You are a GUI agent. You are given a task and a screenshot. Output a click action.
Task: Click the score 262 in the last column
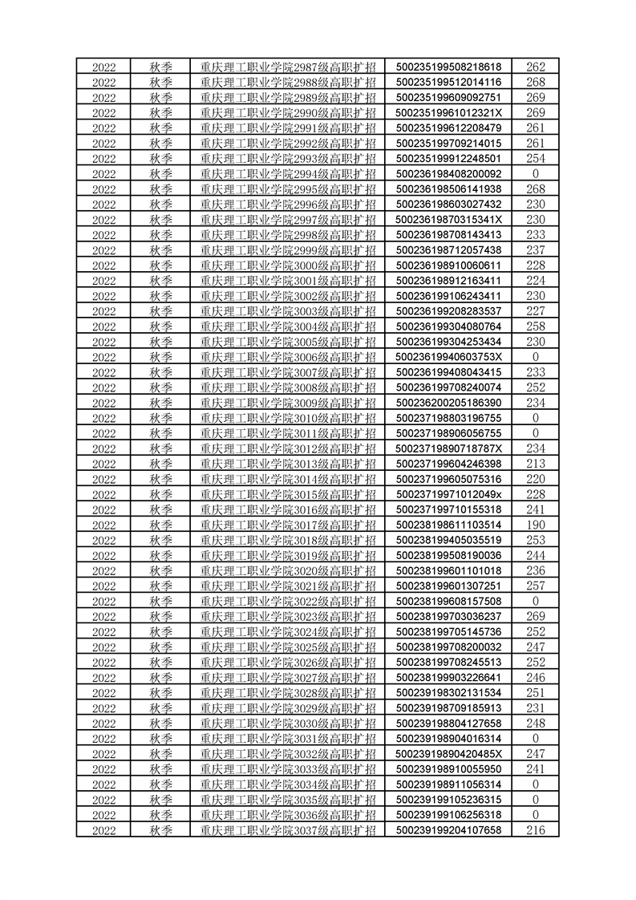(536, 67)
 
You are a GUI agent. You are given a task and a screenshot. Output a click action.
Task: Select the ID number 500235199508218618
(449, 67)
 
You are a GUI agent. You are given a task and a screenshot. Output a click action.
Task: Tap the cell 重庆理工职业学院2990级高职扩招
(288, 112)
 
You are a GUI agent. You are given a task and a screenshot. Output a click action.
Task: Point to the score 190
(536, 524)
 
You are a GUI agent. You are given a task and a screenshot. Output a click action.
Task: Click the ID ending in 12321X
(449, 112)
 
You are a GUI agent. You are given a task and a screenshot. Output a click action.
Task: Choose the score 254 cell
(536, 158)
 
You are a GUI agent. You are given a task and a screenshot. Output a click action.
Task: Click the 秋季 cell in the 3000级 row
(161, 265)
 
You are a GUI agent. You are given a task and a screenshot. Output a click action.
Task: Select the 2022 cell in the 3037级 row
(104, 829)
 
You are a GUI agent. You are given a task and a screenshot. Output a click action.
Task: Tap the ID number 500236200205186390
(449, 402)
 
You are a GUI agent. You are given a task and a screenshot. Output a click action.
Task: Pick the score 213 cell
(536, 463)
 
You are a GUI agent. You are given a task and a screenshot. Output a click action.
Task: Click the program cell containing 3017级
(288, 524)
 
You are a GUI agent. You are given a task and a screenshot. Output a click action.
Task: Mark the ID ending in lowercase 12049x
(449, 493)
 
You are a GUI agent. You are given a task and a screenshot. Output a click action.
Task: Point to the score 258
(536, 326)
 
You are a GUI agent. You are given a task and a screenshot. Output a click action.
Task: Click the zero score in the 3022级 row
(536, 601)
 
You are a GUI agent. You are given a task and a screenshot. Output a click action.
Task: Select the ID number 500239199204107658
(449, 829)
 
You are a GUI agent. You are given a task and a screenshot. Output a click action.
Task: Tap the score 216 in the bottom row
(536, 829)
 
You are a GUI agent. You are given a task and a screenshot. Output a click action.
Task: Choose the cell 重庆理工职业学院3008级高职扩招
(288, 387)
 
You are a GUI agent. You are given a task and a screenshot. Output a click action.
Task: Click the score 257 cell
(536, 586)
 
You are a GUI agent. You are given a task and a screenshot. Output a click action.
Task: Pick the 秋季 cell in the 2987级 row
(161, 67)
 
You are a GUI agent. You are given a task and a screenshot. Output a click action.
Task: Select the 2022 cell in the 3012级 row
(104, 448)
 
